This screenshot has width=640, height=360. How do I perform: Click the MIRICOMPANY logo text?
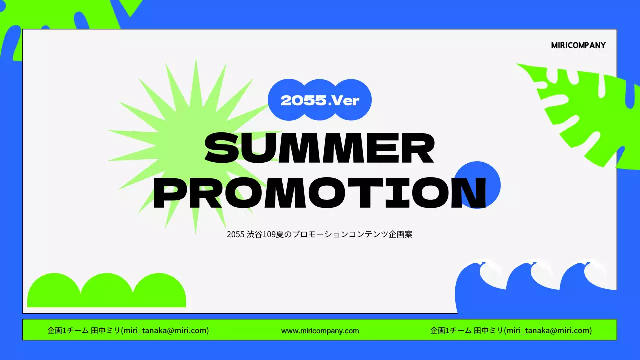point(578,45)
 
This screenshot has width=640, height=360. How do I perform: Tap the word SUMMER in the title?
point(319,148)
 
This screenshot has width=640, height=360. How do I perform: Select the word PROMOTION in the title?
point(319,192)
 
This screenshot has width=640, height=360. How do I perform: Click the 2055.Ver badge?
point(320,100)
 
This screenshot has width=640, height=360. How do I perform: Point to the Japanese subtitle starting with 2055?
point(319,234)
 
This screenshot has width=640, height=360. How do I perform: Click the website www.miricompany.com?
point(320,330)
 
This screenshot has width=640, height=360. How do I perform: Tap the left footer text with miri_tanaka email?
point(128,330)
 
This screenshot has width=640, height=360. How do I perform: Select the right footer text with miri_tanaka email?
point(511,330)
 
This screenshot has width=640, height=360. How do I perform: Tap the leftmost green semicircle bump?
point(53,292)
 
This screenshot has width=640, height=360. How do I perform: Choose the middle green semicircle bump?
point(106,292)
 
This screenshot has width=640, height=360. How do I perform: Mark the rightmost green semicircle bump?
point(159,292)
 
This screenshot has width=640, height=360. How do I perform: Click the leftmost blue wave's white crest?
point(491,271)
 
